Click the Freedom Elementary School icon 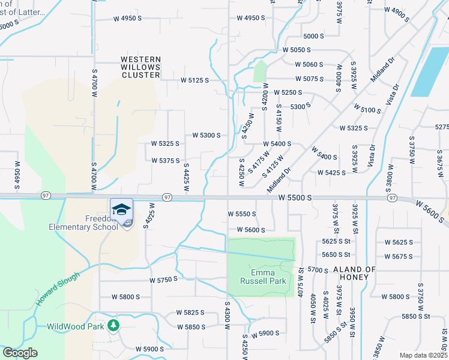(121, 209)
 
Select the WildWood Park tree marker (113, 326)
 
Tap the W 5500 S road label (295, 197)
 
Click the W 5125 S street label (195, 80)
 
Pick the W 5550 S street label (242, 214)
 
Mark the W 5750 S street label (164, 280)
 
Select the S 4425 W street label (186, 178)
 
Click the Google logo (20, 353)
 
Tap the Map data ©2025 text (423, 355)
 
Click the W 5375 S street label (166, 160)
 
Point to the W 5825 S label (190, 313)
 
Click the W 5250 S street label (288, 92)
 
